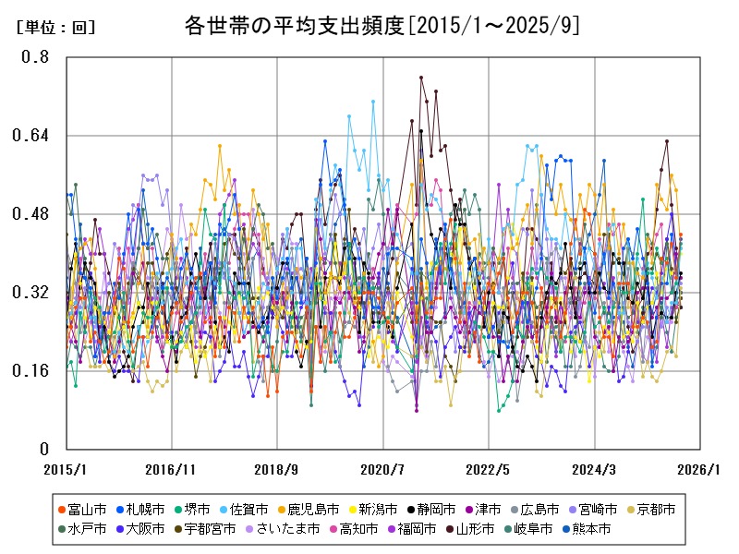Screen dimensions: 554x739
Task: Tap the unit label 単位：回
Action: point(55,28)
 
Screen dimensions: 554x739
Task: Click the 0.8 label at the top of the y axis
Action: point(37,57)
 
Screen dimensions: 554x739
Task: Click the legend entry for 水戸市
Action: point(88,529)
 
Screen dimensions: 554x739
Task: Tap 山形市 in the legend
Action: point(476,529)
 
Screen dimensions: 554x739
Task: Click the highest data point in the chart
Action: point(421,78)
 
